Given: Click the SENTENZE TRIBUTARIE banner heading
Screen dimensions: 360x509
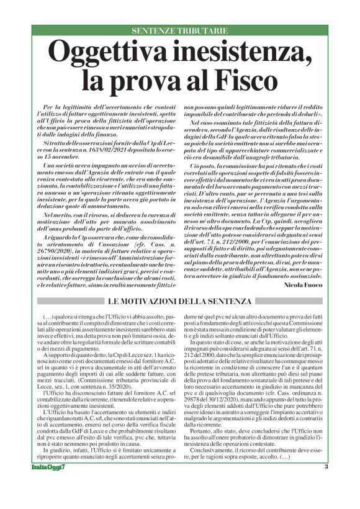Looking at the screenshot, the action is click(179, 30).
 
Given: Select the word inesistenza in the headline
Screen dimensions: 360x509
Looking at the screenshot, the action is click(243, 52).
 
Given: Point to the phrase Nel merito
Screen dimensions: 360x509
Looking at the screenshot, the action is click(58, 195).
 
